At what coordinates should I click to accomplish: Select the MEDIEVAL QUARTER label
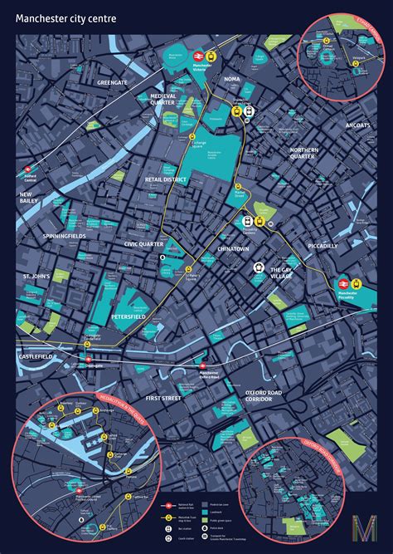(x=163, y=100)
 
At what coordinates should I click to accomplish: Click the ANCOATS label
(x=358, y=125)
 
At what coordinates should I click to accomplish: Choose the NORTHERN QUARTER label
(x=304, y=154)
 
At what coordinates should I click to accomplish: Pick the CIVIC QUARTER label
(x=146, y=244)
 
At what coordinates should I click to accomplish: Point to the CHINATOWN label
(x=233, y=248)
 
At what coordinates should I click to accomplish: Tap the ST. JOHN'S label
(x=37, y=276)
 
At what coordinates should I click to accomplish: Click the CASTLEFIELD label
(x=36, y=356)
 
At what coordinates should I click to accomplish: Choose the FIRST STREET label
(x=163, y=400)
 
